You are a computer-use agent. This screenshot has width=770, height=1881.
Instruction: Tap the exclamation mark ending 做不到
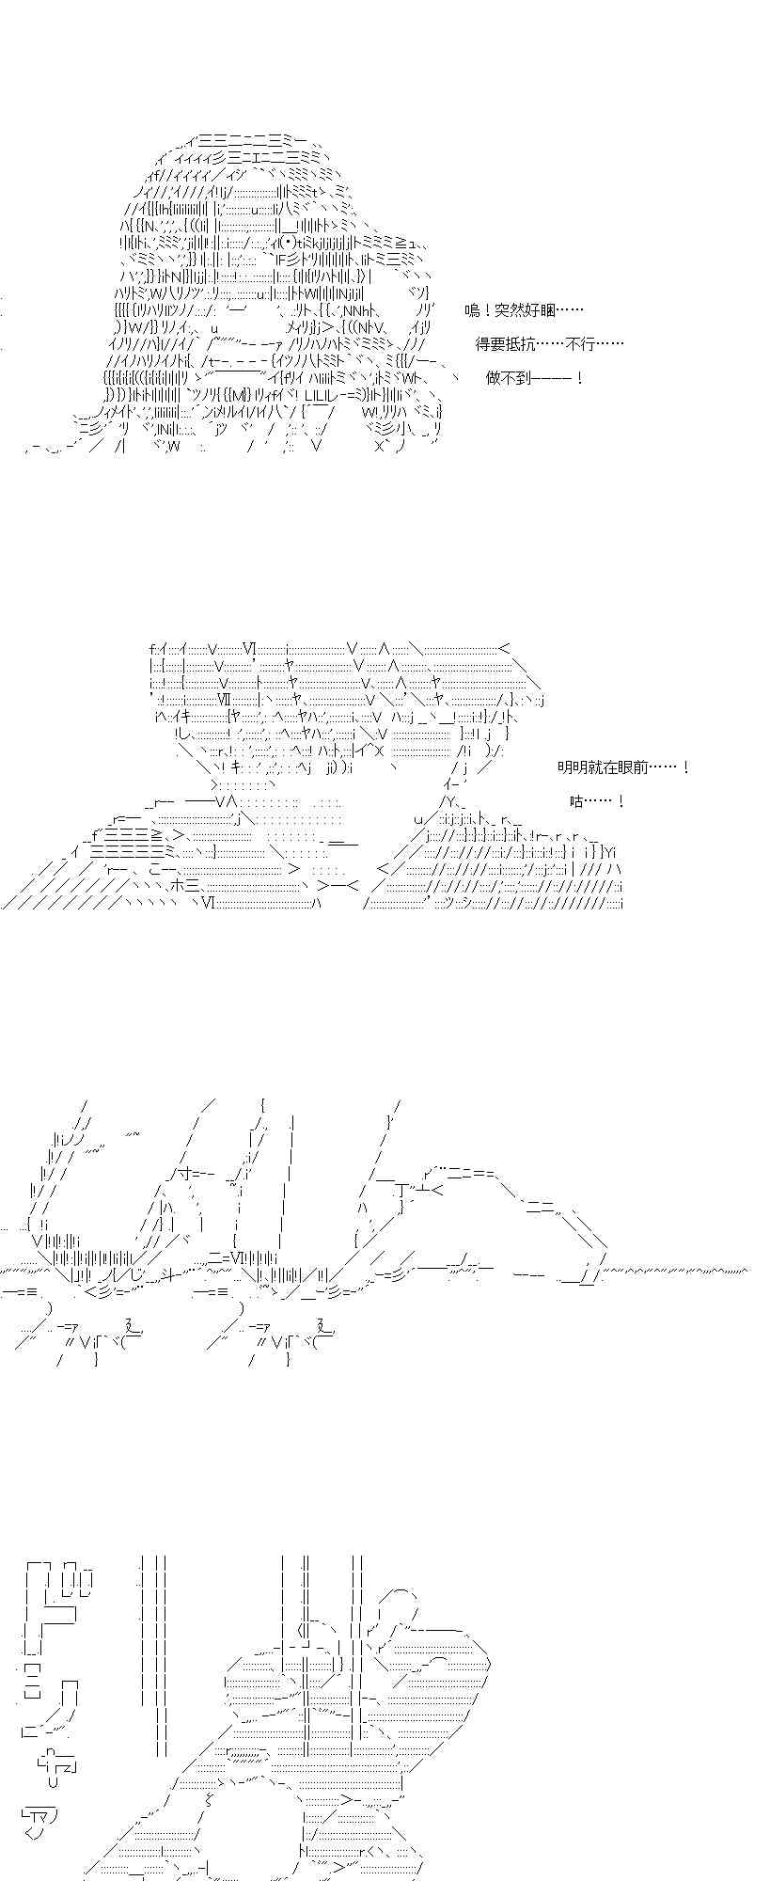coord(580,378)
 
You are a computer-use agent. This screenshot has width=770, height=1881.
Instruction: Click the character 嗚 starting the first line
coord(473,310)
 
